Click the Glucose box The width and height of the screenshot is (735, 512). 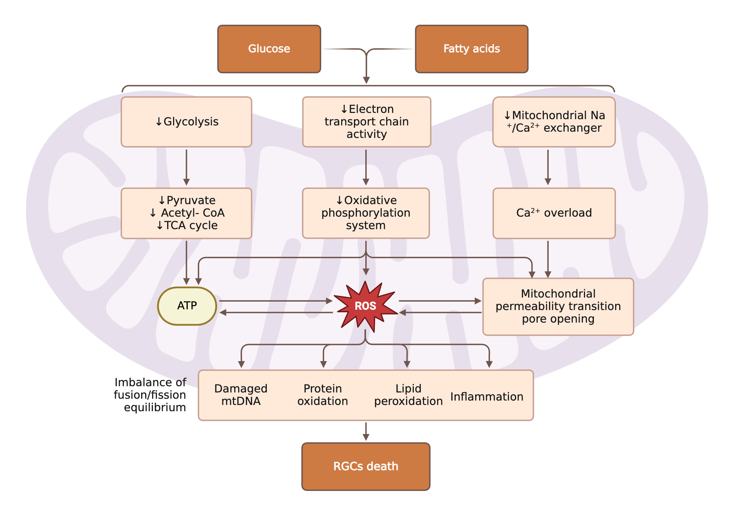click(x=269, y=49)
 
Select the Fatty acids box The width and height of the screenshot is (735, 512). click(x=472, y=49)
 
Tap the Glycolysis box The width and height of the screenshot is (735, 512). click(x=186, y=122)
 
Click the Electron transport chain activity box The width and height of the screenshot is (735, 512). click(x=366, y=122)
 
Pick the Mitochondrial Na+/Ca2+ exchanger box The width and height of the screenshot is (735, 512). click(x=554, y=122)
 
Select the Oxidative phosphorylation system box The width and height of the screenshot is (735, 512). click(x=366, y=213)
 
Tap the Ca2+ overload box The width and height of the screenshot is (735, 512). click(x=554, y=213)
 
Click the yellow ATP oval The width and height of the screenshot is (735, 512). click(x=187, y=306)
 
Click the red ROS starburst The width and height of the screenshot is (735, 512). click(x=365, y=306)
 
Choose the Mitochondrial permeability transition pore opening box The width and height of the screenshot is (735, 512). click(x=558, y=306)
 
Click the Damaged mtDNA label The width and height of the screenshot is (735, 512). click(x=241, y=395)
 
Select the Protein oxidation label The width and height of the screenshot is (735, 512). click(x=323, y=395)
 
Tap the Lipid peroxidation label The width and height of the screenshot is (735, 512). click(x=408, y=395)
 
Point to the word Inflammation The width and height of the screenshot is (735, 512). click(x=487, y=397)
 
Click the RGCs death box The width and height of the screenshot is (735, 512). click(x=366, y=466)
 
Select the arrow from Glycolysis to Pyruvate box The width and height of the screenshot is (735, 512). click(x=186, y=167)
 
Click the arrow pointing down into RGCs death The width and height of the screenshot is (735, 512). click(x=366, y=431)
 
